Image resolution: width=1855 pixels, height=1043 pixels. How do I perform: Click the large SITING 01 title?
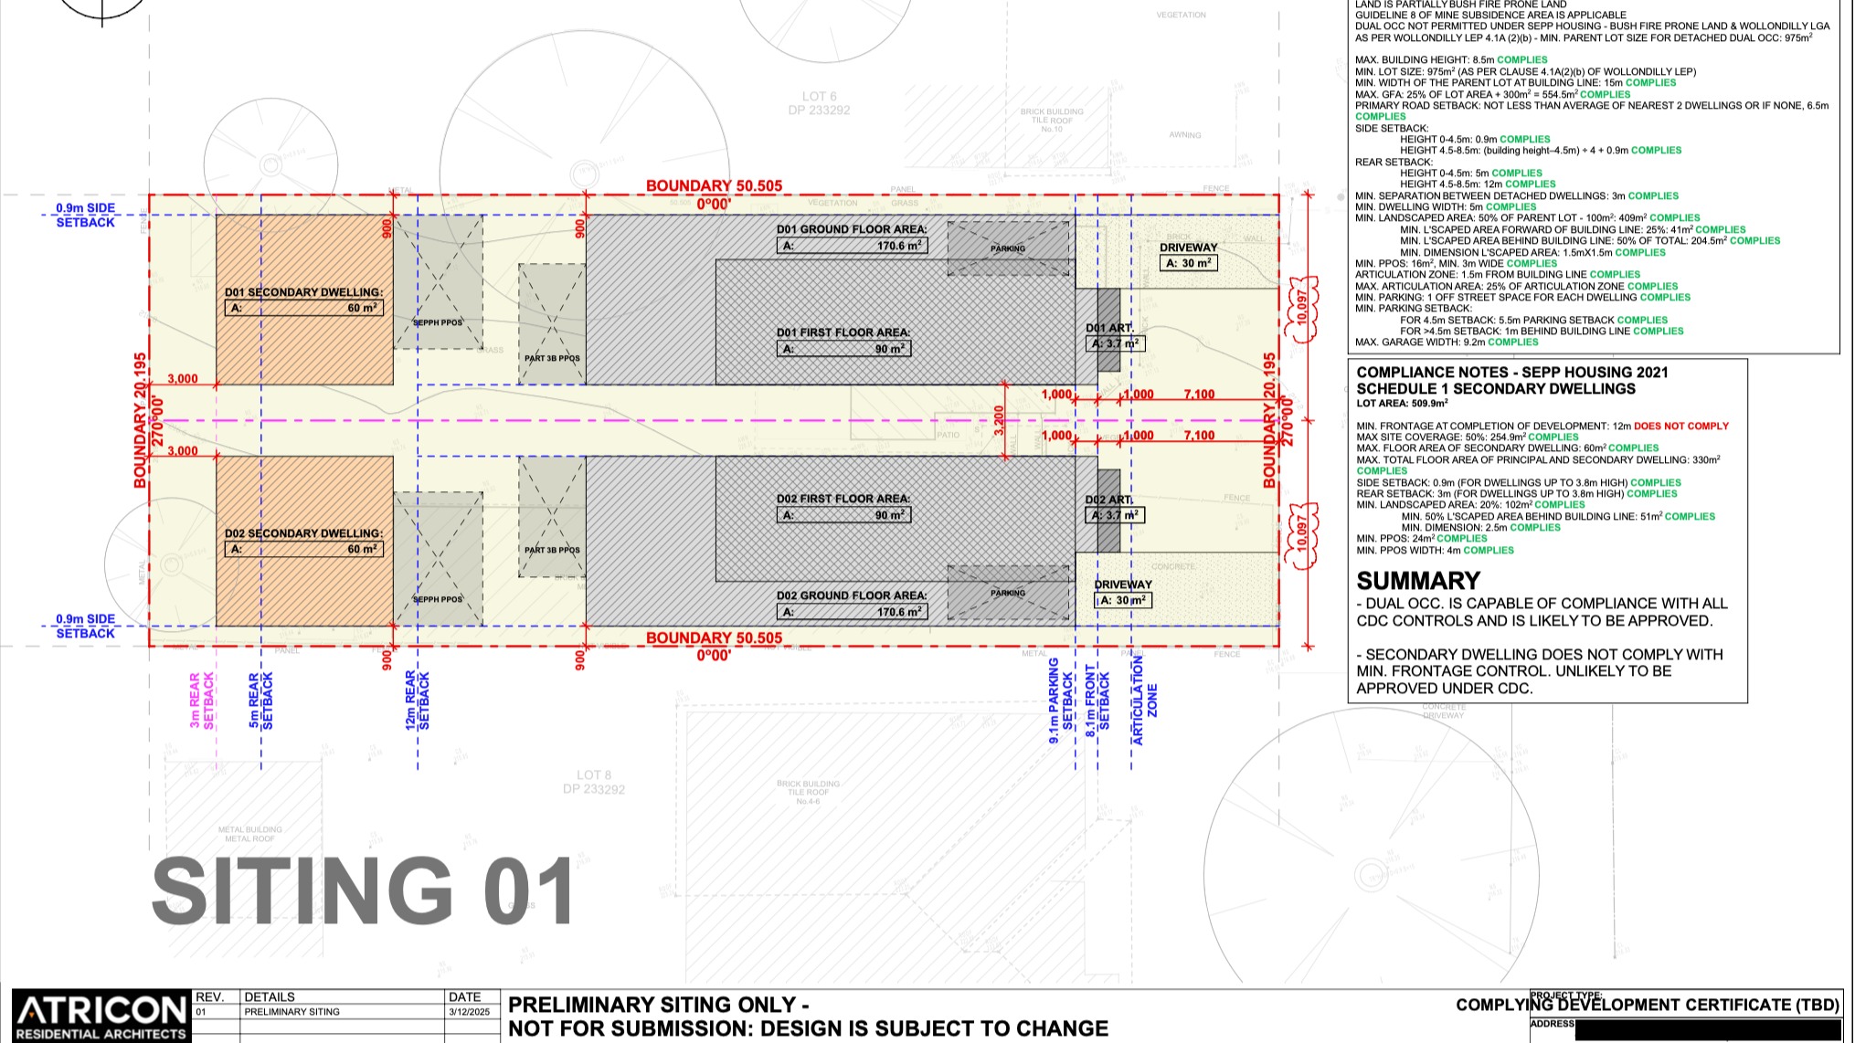364,890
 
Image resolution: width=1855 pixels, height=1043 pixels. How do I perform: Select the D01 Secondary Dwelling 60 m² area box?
303,308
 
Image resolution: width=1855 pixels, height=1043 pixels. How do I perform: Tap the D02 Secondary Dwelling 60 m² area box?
303,549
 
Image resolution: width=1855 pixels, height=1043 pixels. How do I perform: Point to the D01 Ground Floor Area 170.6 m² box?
852,246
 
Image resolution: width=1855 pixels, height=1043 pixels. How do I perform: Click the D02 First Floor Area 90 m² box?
843,515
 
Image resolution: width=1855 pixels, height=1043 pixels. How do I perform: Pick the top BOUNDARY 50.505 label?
714,185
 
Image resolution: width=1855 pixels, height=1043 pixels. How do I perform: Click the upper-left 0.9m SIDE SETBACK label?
85,216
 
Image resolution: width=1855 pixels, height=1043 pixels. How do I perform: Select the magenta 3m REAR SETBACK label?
201,701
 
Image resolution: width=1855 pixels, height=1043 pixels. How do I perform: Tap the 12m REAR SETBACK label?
417,701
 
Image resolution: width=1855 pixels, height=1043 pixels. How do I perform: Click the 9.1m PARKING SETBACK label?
1060,701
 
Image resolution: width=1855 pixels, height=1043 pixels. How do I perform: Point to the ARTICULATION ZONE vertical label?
1144,701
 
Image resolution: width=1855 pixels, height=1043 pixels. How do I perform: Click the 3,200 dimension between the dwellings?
999,420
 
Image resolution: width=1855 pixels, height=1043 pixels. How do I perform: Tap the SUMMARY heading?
1417,581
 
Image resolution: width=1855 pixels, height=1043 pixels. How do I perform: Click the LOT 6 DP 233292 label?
819,103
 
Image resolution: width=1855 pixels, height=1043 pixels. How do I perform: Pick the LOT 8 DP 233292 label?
593,782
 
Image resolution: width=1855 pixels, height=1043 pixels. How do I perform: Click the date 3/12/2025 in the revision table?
469,1012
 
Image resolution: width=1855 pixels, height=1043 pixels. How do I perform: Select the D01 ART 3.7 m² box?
1115,343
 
